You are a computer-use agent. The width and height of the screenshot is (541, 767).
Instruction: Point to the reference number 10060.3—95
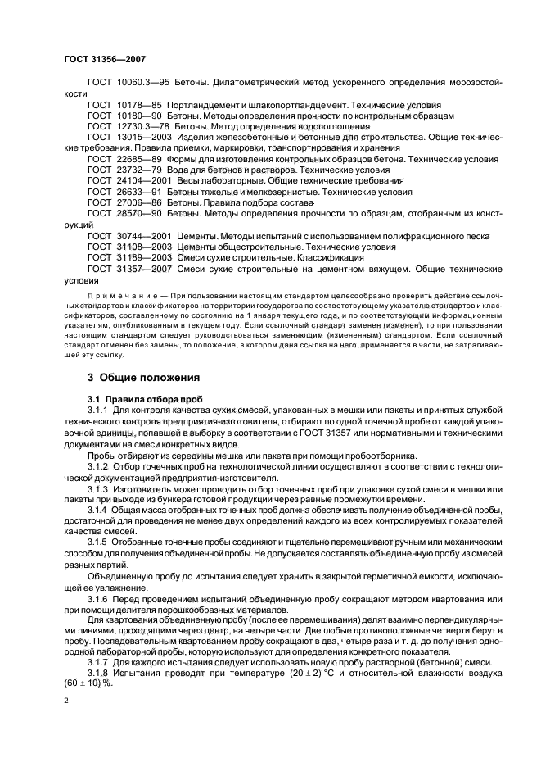click(141, 84)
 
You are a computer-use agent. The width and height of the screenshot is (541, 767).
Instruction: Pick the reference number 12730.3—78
click(141, 126)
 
